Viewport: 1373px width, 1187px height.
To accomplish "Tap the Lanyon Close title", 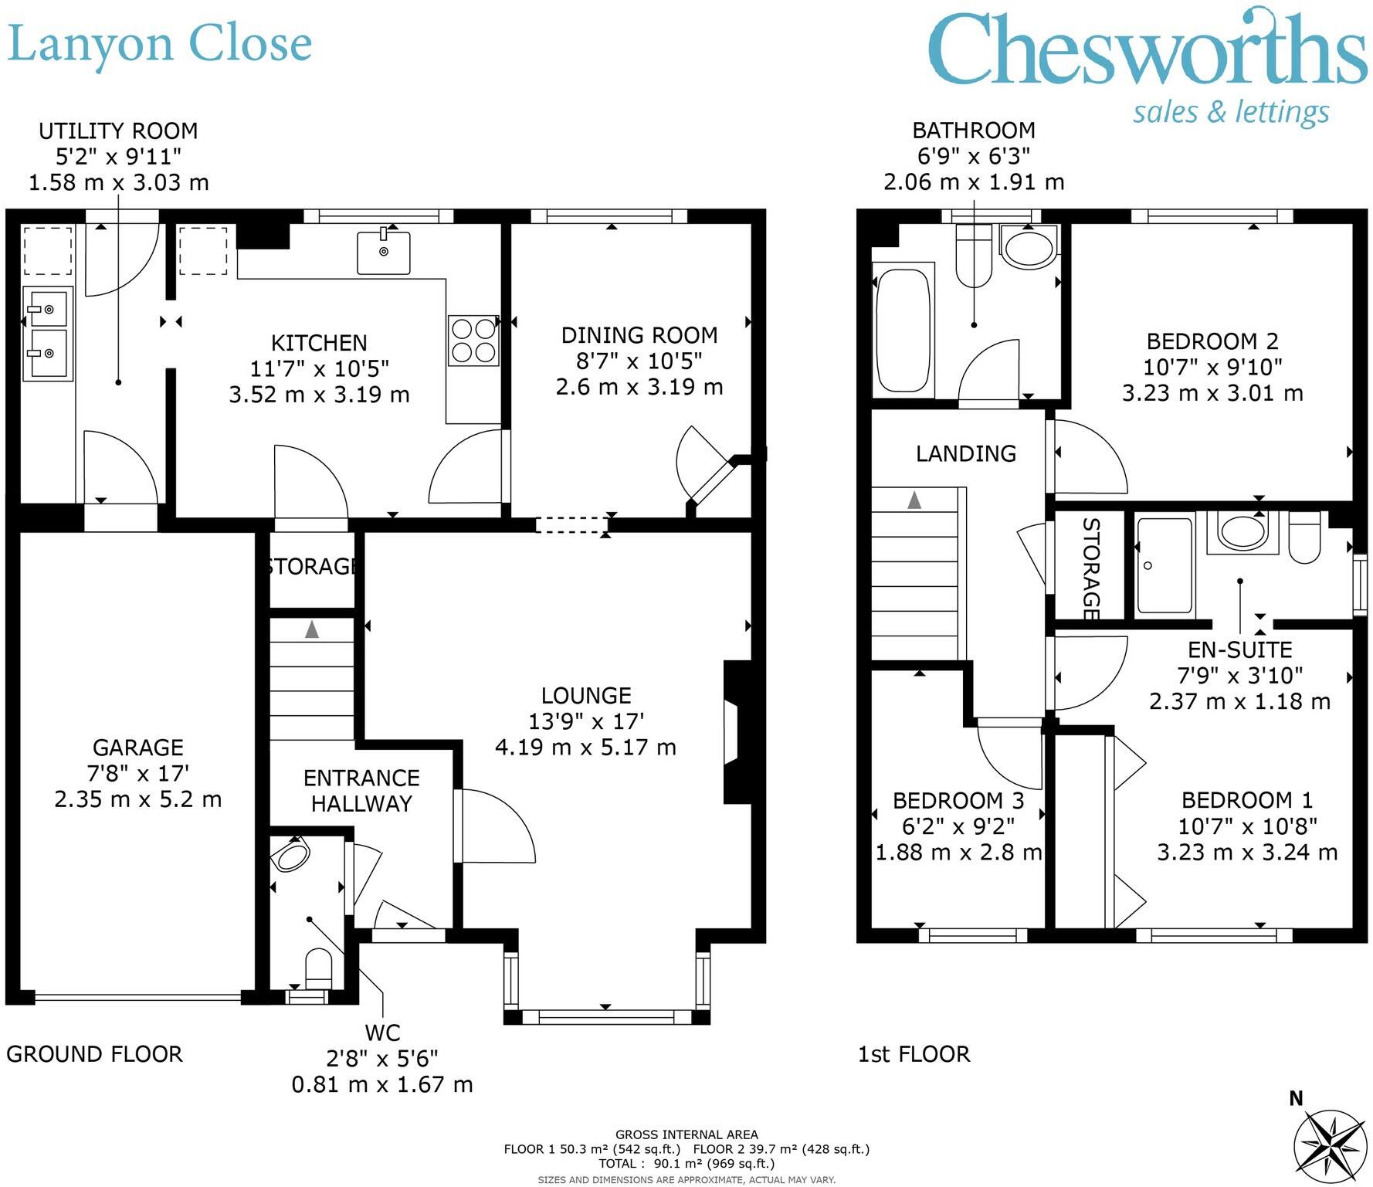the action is [159, 45].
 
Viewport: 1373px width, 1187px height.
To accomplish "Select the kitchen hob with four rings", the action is [473, 341].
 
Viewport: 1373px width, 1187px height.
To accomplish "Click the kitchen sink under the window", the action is [383, 252].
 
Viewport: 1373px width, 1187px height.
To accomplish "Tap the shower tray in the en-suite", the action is [1164, 566].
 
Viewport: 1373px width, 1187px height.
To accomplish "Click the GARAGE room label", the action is [138, 748].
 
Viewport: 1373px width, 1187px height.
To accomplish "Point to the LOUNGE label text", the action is [586, 696].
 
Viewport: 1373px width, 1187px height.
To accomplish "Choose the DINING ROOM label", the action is [639, 335].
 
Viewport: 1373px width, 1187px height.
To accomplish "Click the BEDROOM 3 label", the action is [958, 801].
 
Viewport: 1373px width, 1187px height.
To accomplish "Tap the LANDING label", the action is [966, 453].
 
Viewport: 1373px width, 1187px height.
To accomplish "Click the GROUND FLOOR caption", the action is [94, 1054].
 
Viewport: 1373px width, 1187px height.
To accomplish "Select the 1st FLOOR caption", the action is [914, 1054].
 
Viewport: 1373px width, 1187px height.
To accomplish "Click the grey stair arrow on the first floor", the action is [914, 500].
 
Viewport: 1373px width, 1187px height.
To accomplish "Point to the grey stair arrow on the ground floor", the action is [311, 629].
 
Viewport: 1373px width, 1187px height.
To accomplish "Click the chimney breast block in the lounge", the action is [737, 732].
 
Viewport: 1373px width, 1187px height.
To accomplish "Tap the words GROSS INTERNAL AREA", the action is [686, 1134].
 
